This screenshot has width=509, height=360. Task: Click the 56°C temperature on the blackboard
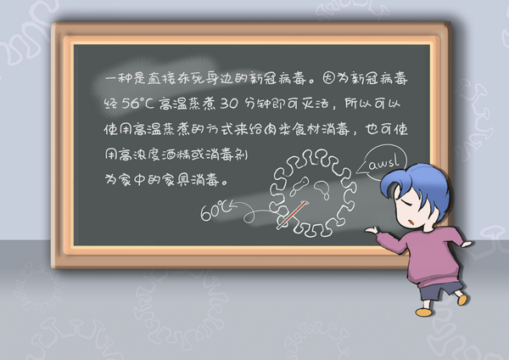137,104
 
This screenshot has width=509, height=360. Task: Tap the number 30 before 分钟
229,104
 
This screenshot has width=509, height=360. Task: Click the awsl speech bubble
383,162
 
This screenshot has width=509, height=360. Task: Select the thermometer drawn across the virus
292,215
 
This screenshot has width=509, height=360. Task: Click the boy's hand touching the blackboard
372,230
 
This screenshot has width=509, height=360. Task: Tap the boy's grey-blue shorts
440,290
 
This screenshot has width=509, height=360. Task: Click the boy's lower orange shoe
425,312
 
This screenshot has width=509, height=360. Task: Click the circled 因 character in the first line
328,78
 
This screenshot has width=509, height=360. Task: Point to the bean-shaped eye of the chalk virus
321,187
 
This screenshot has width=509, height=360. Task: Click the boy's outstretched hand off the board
467,244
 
